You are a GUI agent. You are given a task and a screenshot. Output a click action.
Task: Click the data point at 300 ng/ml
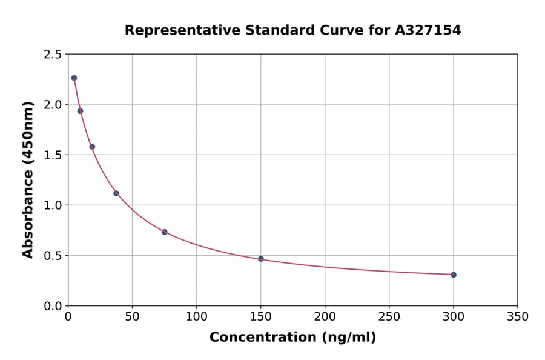click(x=454, y=275)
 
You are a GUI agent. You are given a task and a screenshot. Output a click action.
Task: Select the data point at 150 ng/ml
click(x=261, y=259)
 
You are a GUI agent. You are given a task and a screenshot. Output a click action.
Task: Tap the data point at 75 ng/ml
click(x=164, y=232)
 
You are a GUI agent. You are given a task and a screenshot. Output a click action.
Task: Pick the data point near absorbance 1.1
click(x=116, y=193)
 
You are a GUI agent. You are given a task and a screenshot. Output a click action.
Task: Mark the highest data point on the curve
click(x=74, y=78)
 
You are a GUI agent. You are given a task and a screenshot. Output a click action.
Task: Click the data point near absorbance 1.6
click(x=92, y=147)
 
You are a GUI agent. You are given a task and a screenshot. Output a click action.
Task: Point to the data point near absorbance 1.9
click(x=80, y=111)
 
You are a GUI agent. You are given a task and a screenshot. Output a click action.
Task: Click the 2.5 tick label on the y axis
click(x=52, y=55)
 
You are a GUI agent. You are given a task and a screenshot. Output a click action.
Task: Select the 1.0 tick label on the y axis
click(x=52, y=205)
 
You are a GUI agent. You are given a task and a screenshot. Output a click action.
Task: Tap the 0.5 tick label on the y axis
click(x=52, y=256)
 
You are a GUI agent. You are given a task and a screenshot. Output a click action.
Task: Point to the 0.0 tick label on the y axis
click(x=52, y=306)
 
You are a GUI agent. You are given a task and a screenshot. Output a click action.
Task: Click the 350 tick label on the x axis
click(x=518, y=316)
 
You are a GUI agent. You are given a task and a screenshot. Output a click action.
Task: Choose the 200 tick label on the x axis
click(x=325, y=316)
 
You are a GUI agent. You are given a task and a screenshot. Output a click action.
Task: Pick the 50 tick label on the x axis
click(x=132, y=316)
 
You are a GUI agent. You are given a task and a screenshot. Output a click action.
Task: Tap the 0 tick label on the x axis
click(x=68, y=316)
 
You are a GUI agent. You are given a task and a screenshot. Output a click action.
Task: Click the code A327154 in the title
click(x=428, y=30)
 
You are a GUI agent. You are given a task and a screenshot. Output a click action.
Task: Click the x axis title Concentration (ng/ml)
click(x=292, y=337)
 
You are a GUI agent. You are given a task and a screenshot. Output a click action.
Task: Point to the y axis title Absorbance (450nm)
click(x=28, y=179)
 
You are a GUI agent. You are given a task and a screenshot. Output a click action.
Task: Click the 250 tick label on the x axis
click(x=389, y=316)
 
